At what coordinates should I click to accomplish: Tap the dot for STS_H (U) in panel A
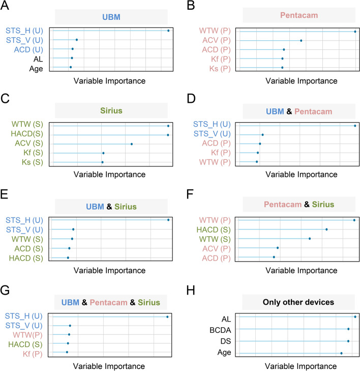(x=168, y=31)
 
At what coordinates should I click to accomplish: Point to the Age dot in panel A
(x=71, y=67)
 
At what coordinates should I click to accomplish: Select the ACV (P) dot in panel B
(x=301, y=41)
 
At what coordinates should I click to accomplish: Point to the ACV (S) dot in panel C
(x=132, y=144)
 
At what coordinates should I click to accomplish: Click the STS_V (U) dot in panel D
(x=262, y=135)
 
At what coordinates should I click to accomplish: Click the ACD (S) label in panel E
(x=31, y=248)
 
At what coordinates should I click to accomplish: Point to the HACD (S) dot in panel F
(x=326, y=230)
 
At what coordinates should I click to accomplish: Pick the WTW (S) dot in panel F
(x=310, y=239)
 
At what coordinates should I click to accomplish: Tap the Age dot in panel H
(x=341, y=353)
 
